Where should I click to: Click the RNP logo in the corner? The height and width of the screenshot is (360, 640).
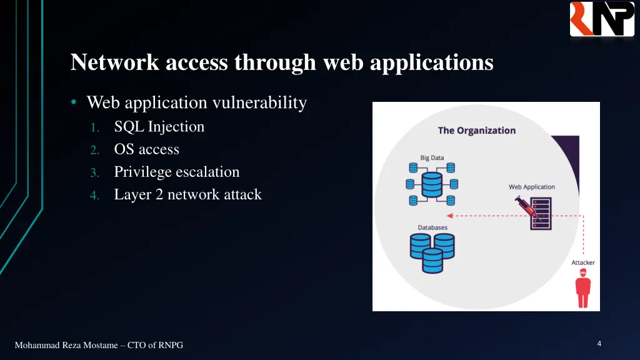tap(602, 19)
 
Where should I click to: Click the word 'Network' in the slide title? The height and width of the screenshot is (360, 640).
tap(110, 62)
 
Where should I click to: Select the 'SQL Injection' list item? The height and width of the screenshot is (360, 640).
tap(159, 127)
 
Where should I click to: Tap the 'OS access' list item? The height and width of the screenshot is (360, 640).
tap(146, 149)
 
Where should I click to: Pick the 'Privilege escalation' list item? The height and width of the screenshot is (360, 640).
tap(176, 172)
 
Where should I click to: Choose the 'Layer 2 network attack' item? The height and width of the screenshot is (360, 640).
tap(187, 195)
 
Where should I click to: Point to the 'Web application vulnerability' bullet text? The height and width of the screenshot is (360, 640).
tap(196, 102)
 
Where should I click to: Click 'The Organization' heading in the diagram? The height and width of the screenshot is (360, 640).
tap(476, 131)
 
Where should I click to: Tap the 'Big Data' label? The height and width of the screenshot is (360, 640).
tap(432, 157)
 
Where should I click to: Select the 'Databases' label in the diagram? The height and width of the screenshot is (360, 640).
tap(432, 227)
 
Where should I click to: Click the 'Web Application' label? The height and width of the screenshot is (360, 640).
tap(531, 187)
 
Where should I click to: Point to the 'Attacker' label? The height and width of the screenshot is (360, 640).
tap(583, 262)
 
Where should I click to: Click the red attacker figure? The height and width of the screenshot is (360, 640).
tap(583, 288)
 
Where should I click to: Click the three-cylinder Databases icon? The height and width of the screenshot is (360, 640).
tap(432, 252)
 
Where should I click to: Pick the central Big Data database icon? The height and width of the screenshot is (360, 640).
tap(432, 184)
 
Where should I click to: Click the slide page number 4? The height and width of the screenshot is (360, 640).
tap(599, 344)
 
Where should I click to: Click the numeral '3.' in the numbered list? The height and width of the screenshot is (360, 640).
tap(94, 172)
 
